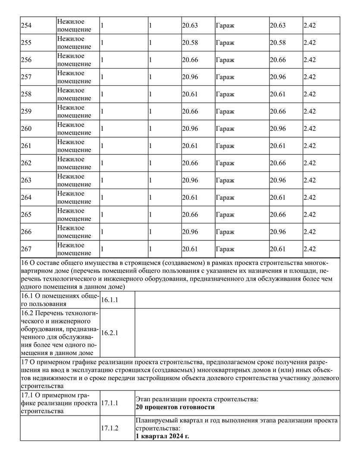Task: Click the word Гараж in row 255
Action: click(225, 43)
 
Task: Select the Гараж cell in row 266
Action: click(225, 232)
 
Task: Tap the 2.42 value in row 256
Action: click(310, 60)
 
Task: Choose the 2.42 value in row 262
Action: click(310, 163)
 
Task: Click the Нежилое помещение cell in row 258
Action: click(74, 94)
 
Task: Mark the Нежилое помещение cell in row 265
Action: click(74, 214)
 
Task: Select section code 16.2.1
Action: click(110, 333)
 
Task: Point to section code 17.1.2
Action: click(110, 428)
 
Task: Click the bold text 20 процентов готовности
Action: click(175, 407)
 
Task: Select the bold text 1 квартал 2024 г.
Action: click(162, 436)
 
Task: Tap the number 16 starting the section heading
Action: click(24, 262)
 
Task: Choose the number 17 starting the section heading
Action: click(24, 361)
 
